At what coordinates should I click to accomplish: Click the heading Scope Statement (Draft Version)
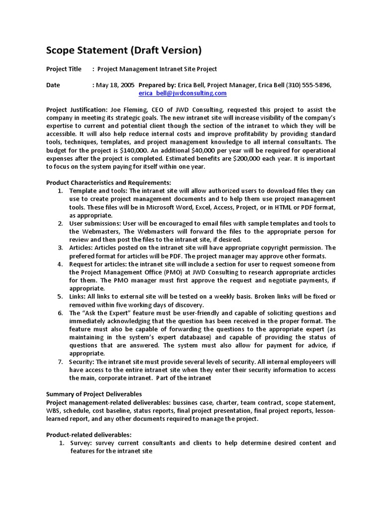coord(124,50)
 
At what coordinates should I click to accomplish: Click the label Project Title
coord(64,69)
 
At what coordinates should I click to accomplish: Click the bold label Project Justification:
coord(76,110)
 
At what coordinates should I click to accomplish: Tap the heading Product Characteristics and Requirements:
coord(108,183)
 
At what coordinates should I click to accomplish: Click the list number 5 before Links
coord(60,296)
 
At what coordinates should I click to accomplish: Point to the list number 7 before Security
coord(60,362)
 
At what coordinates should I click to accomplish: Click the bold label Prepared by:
coord(157,85)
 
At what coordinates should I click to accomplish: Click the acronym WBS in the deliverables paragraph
coord(54,410)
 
